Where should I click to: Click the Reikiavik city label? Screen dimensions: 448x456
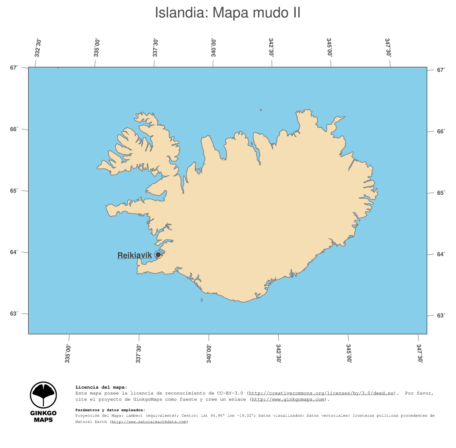(x=135, y=255)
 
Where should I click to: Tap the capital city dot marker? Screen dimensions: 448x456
(x=158, y=255)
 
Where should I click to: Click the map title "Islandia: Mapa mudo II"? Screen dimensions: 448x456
(x=228, y=13)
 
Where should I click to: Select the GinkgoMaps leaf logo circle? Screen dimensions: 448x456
(x=43, y=395)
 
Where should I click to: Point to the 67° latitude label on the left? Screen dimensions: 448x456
(x=14, y=68)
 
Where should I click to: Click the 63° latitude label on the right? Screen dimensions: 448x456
(x=441, y=316)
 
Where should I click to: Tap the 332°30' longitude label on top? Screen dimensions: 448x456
(x=38, y=48)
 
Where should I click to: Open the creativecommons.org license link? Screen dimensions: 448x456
(x=321, y=393)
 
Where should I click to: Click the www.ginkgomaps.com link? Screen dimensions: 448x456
(x=288, y=399)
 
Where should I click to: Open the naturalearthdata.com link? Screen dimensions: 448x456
(x=149, y=422)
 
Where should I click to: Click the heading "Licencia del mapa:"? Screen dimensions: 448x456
(x=101, y=387)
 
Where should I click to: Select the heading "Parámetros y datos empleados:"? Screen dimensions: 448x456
(x=110, y=410)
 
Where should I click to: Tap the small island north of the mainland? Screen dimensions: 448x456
(x=261, y=110)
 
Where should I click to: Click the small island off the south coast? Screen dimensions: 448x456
(x=202, y=300)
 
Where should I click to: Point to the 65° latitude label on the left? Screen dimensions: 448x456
(x=14, y=191)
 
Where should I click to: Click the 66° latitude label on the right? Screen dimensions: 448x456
(x=441, y=131)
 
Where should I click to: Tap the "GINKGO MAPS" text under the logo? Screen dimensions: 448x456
(x=43, y=416)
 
